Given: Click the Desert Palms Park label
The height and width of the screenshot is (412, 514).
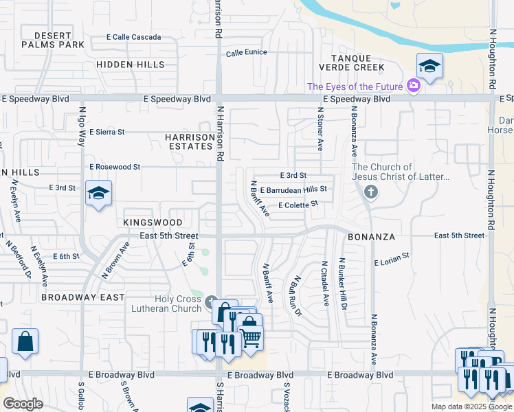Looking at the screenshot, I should (52, 40).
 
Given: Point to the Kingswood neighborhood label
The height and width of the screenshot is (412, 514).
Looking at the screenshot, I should (153, 222).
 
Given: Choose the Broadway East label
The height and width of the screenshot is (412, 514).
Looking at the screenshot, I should (82, 297).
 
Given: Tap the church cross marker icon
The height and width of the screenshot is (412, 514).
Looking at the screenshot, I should (371, 192).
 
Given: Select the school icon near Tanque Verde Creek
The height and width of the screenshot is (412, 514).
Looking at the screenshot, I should (429, 66).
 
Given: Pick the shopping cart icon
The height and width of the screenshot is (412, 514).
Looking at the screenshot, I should (251, 338).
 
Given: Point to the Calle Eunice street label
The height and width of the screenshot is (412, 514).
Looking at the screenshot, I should (246, 52).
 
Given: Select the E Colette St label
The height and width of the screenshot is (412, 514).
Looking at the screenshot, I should (298, 204).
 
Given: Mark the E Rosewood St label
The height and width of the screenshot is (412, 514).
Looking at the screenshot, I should (115, 167).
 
